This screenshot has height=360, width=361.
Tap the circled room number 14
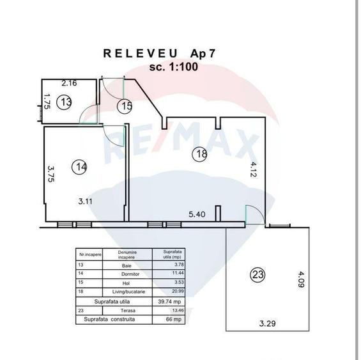[80, 167]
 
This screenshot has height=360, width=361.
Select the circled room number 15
[127, 106]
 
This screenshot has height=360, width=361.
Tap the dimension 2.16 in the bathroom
[69, 83]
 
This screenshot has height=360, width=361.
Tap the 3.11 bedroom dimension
[87, 201]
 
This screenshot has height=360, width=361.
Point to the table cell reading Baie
[127, 263]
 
